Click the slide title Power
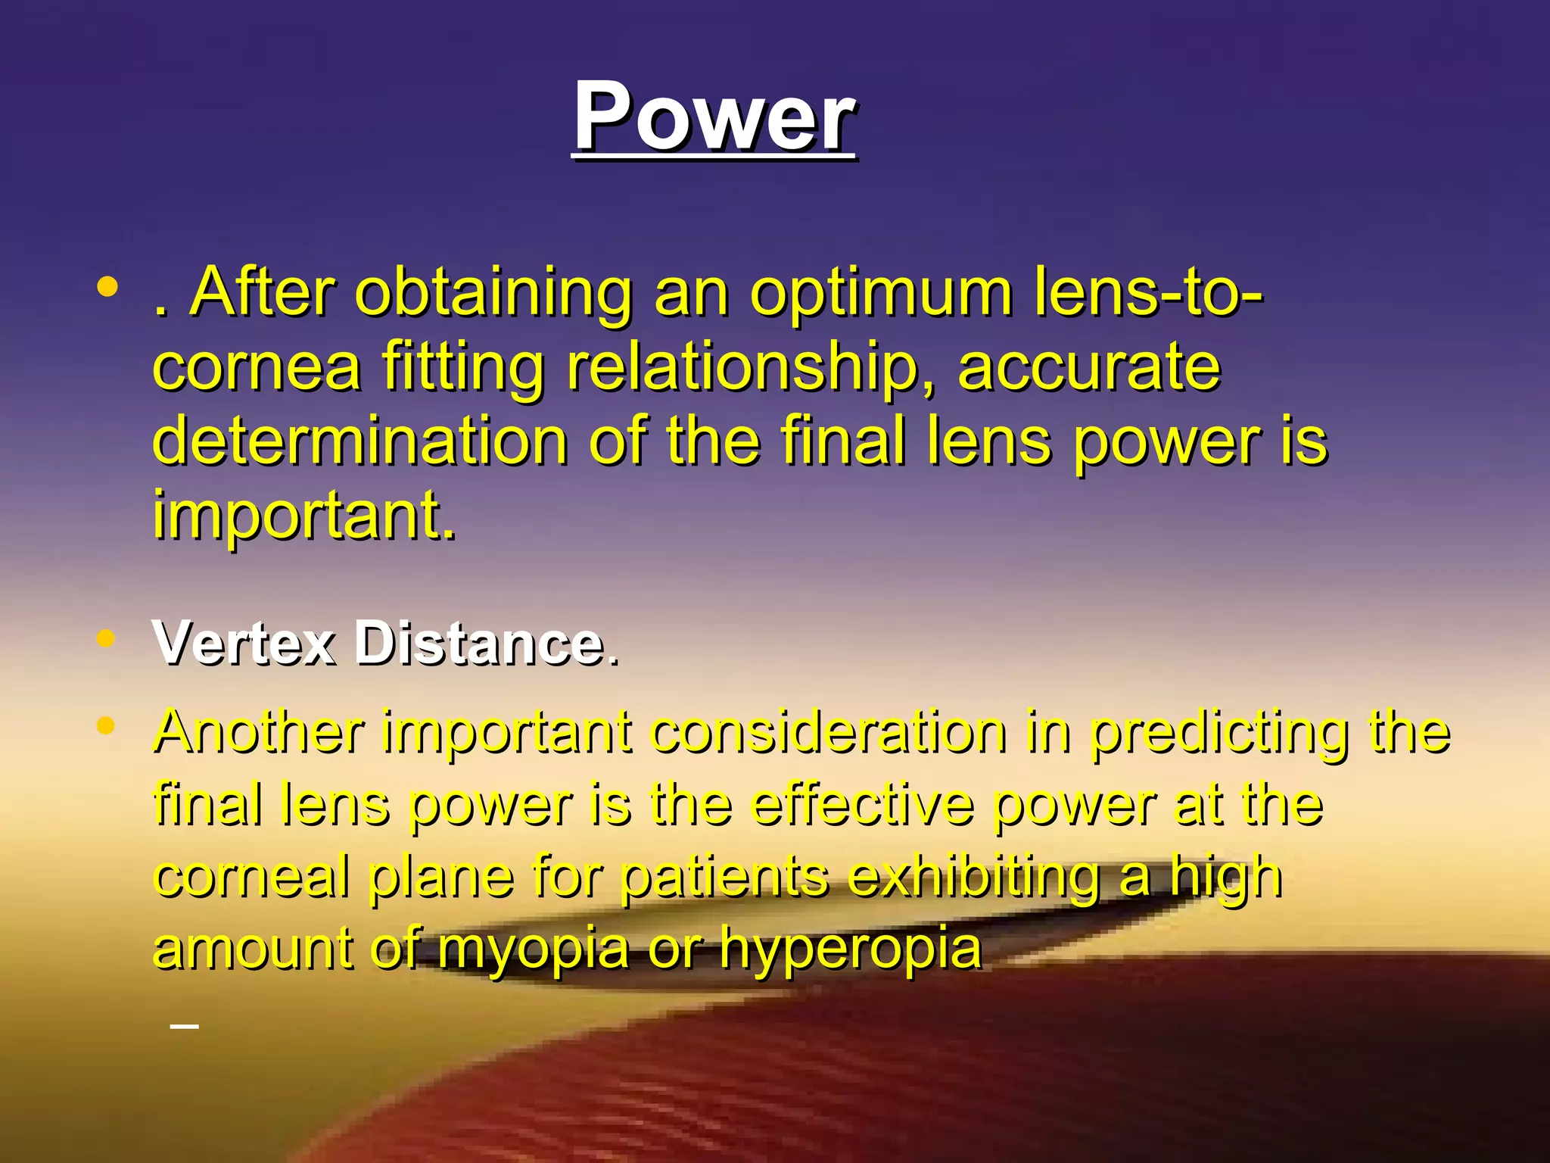714,117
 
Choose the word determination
360,442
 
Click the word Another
259,732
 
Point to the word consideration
829,732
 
